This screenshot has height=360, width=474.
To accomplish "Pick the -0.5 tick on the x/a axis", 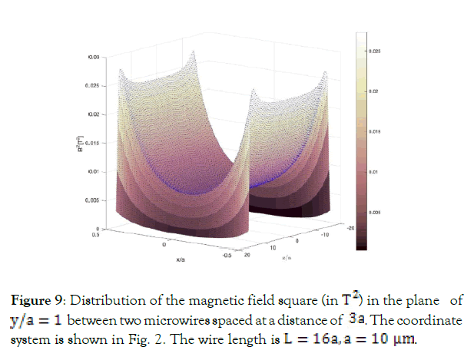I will [x=227, y=256].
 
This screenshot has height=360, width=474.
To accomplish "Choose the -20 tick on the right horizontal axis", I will [x=350, y=228].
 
